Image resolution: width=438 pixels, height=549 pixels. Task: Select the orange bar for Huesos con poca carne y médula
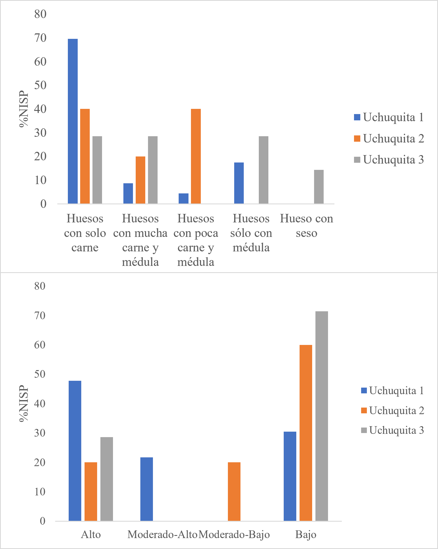click(196, 156)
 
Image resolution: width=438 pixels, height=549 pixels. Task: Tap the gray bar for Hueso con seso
click(319, 187)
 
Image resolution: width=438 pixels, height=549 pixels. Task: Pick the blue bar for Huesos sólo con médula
click(239, 183)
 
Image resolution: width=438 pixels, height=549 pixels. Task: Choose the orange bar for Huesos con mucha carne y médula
click(140, 180)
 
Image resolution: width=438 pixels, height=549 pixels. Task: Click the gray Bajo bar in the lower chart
click(322, 416)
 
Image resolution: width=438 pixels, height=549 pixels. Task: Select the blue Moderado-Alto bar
click(147, 489)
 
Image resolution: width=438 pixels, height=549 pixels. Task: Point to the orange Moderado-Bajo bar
click(234, 492)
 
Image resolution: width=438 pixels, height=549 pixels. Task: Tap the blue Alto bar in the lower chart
click(75, 451)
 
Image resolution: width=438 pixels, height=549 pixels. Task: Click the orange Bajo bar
click(306, 433)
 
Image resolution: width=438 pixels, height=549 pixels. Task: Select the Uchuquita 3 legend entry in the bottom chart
click(393, 430)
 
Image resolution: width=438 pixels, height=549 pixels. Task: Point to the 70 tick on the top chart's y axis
click(40, 38)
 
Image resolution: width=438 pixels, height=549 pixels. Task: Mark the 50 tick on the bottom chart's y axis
click(40, 374)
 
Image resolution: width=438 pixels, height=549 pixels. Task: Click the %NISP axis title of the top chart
click(24, 109)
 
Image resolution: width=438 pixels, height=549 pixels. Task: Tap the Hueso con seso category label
click(306, 226)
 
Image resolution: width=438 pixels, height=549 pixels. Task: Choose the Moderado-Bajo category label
click(234, 535)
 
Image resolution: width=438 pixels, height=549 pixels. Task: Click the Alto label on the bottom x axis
click(91, 535)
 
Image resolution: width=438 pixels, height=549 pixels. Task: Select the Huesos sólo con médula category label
click(251, 233)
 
